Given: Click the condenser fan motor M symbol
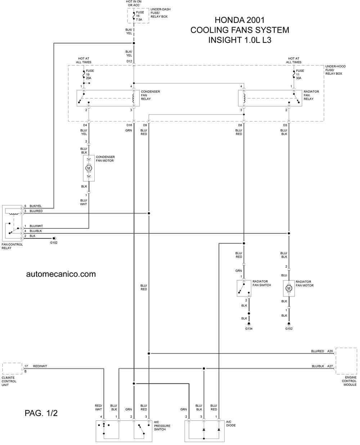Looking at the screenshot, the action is tap(89, 168).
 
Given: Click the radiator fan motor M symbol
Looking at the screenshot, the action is tap(289, 288).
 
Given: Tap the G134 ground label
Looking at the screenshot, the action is tap(248, 329).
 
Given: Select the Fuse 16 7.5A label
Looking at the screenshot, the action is tap(140, 16).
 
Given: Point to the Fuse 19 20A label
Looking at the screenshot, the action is tap(90, 74).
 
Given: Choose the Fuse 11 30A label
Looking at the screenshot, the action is tap(300, 74).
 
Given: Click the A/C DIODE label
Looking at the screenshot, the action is tap(231, 424).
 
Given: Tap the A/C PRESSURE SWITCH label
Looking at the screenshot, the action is tap(162, 426).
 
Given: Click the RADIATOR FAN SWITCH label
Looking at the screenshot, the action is tap(261, 283).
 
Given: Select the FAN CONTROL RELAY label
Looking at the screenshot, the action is tap(12, 246).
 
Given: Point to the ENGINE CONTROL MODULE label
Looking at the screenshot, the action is tap(349, 381).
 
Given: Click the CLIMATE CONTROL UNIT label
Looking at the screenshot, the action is tap(9, 381).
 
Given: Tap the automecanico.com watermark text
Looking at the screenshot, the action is tap(61, 274).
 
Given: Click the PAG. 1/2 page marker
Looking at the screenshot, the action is tap(41, 413).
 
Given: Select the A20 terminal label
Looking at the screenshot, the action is tap(330, 351).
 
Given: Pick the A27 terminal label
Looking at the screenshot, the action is tap(330, 366).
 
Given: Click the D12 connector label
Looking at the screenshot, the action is tap(129, 61).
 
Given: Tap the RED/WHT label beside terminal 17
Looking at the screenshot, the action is tap(40, 366).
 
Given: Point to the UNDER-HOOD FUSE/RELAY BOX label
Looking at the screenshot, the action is tap(336, 70).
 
